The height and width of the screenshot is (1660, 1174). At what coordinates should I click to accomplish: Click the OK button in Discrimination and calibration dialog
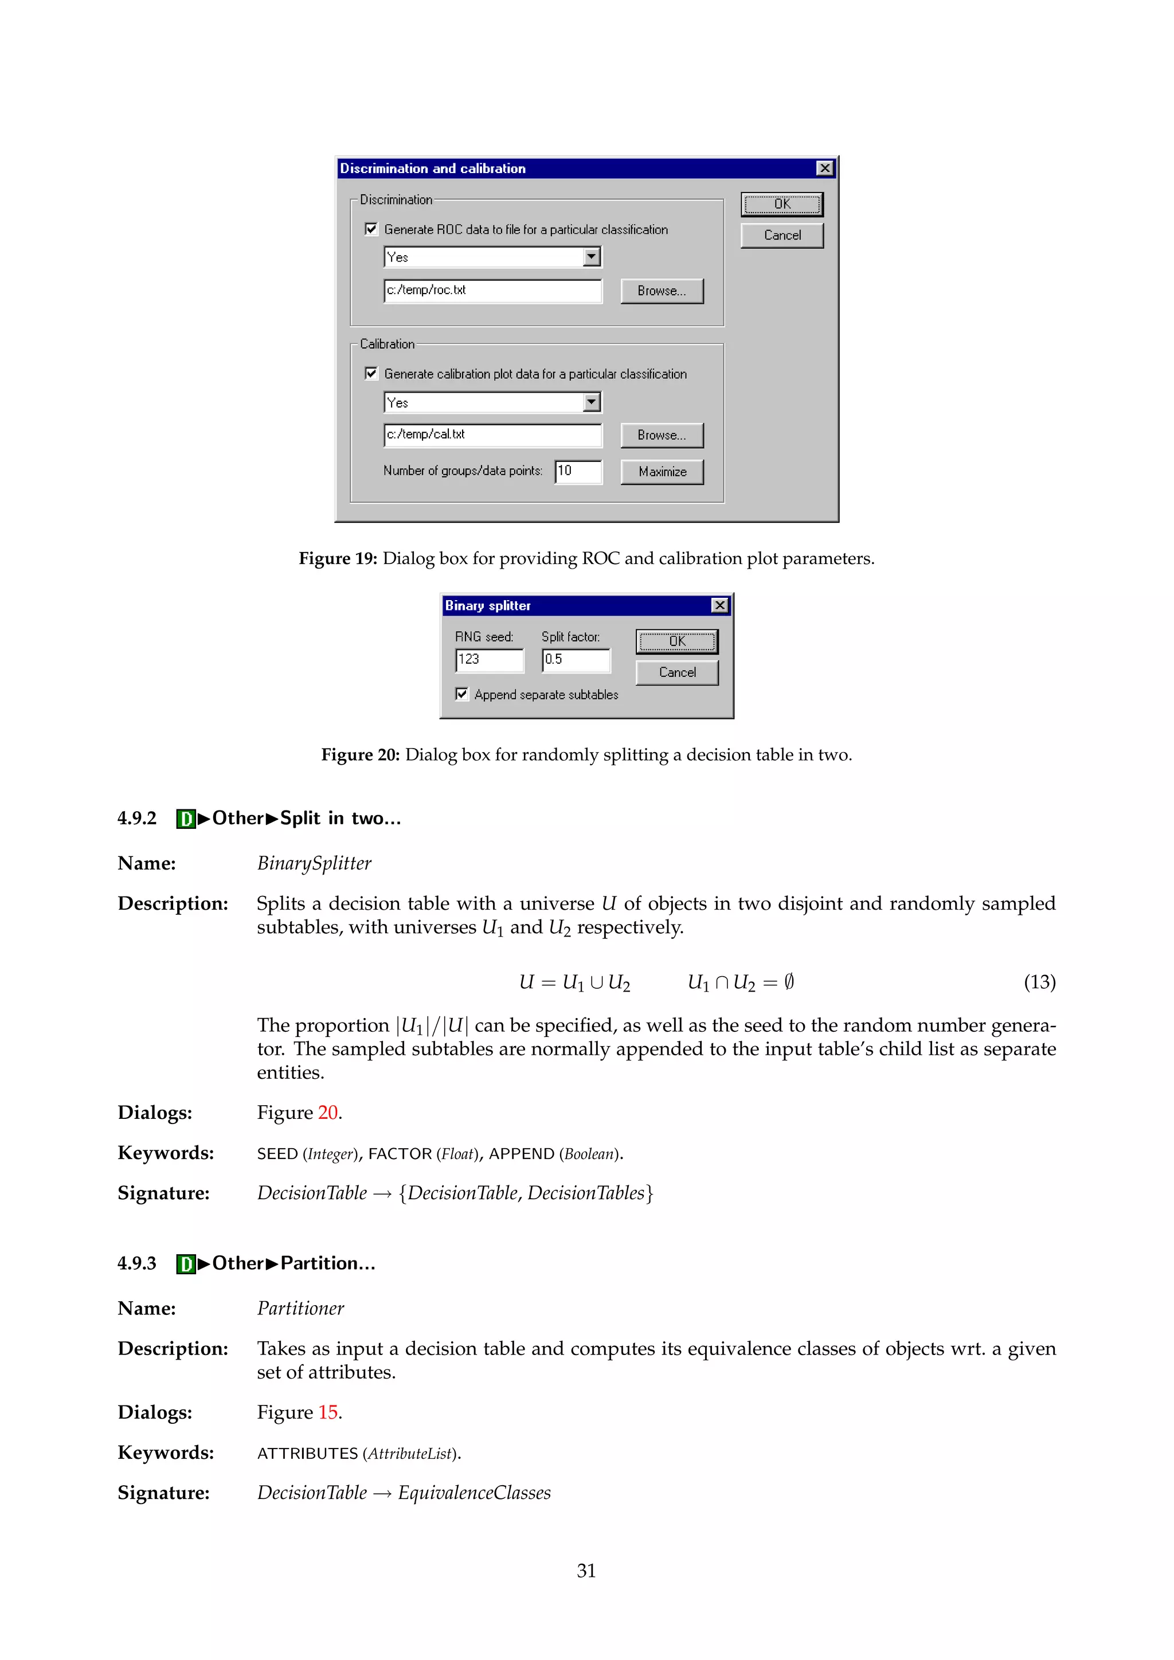tap(781, 205)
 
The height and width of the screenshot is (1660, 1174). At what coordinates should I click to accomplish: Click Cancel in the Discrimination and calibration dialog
tap(781, 236)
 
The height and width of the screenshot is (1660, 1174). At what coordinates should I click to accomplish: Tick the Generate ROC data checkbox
tap(371, 229)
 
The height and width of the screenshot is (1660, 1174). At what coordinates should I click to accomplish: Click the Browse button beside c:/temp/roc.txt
tap(662, 291)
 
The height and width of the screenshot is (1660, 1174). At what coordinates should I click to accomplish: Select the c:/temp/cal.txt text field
tap(492, 434)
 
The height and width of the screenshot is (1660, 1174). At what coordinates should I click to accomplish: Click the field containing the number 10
tap(578, 471)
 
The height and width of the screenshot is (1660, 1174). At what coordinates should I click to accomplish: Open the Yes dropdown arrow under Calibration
tap(592, 402)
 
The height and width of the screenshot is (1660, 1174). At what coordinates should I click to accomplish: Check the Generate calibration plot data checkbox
tap(371, 374)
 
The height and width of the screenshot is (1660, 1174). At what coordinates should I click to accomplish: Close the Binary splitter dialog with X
tap(719, 605)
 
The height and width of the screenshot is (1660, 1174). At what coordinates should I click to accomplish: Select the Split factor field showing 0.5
tap(576, 659)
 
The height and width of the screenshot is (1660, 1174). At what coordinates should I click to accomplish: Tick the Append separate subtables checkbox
tap(462, 694)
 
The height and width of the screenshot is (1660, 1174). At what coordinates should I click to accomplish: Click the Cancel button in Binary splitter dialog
tap(676, 672)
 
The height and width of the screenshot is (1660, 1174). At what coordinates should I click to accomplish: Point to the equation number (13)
tap(1039, 982)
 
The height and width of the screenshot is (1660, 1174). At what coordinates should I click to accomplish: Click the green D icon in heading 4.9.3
tap(186, 1264)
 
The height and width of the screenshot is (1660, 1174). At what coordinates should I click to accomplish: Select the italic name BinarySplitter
tap(314, 863)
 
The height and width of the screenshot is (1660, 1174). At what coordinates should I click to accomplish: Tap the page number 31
tap(586, 1571)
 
